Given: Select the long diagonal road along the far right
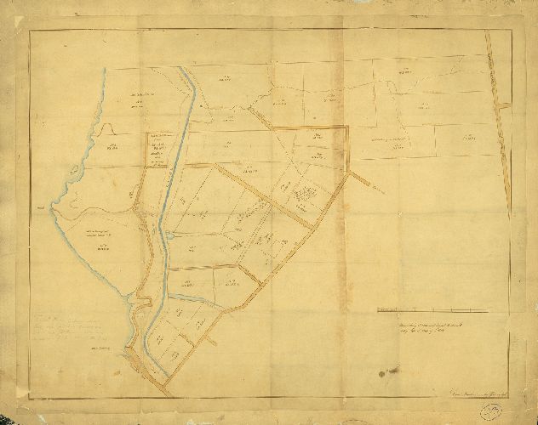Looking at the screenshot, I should point(501,119).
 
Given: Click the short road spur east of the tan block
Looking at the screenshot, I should point(363,182).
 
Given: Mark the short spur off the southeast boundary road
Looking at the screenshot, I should point(211,343).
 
